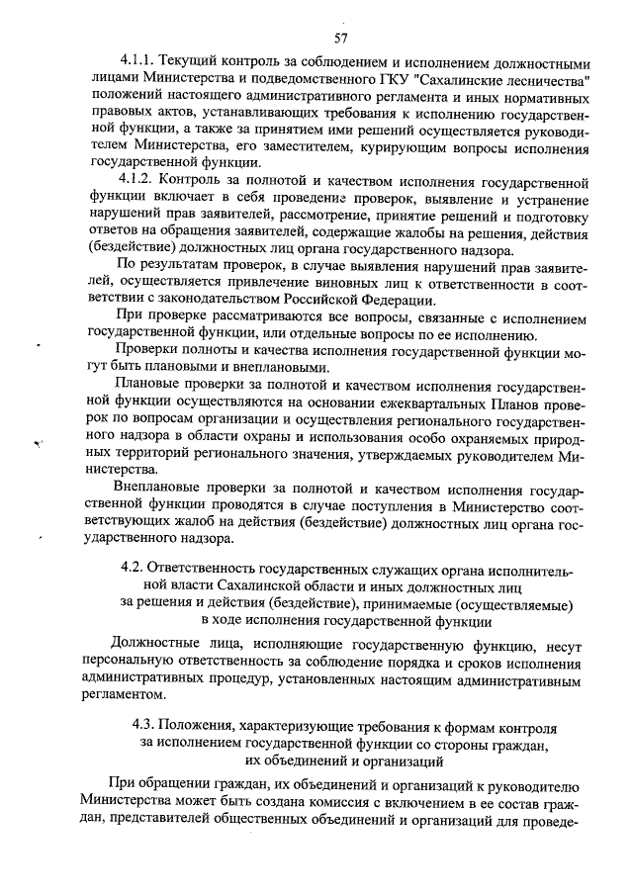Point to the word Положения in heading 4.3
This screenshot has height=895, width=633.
coord(207,723)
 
